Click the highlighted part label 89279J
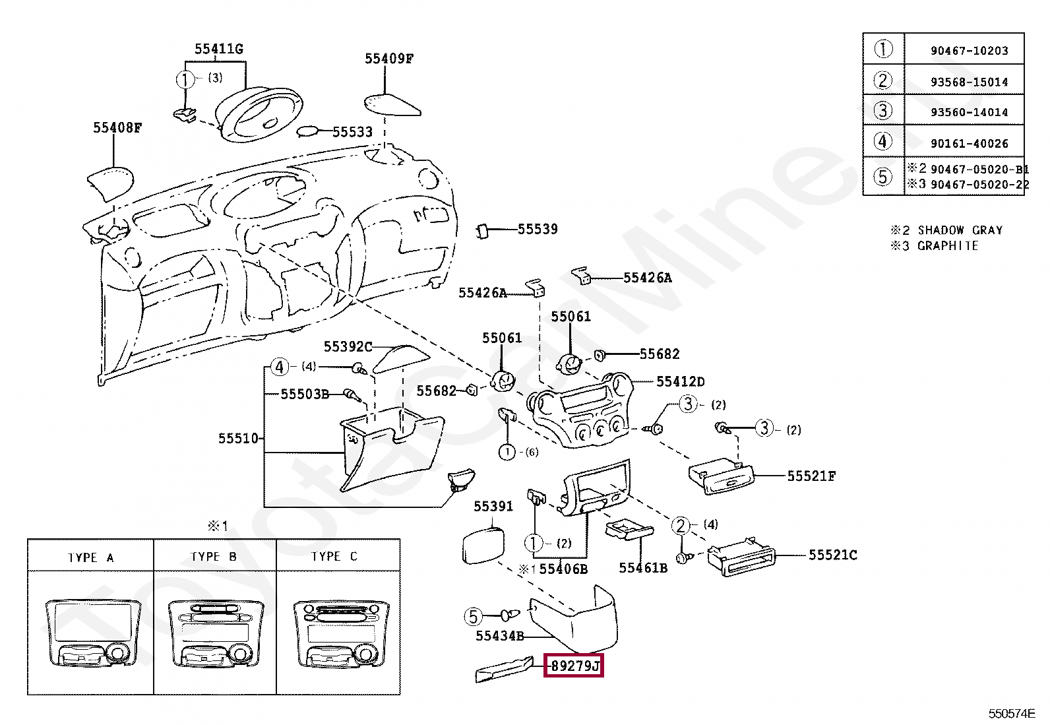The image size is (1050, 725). click(574, 666)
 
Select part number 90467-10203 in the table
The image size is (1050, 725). click(969, 51)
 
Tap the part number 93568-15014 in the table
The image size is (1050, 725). click(969, 82)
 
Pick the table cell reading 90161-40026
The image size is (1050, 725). click(969, 144)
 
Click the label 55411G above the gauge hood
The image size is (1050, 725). click(219, 49)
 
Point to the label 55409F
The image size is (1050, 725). click(389, 59)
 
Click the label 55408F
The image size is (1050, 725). click(117, 127)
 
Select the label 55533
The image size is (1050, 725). click(352, 132)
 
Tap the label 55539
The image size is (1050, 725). click(538, 230)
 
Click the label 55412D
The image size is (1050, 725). click(680, 382)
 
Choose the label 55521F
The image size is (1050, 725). click(811, 476)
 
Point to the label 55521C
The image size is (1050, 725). click(833, 555)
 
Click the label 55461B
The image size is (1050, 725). click(643, 568)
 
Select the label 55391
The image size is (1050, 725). click(493, 507)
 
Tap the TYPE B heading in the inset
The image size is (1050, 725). click(214, 557)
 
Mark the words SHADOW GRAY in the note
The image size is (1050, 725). click(960, 230)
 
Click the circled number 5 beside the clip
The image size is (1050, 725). click(473, 617)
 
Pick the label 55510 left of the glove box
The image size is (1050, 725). click(238, 439)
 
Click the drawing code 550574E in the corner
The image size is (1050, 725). click(1012, 714)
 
